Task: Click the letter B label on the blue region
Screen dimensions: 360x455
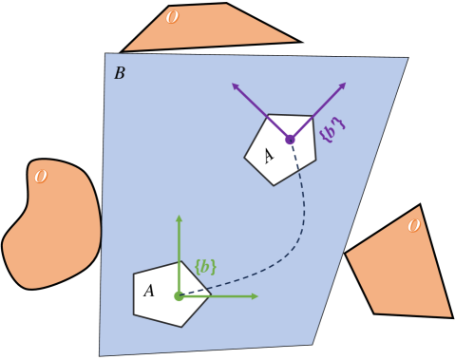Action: tap(120, 73)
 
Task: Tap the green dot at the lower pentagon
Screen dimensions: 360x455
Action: tap(179, 296)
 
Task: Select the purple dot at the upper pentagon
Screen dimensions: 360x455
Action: tap(290, 140)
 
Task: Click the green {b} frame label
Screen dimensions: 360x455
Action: tap(204, 267)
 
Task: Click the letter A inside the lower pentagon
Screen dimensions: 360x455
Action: tap(149, 291)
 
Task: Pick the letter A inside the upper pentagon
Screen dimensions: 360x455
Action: tap(269, 154)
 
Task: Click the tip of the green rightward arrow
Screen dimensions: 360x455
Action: tap(257, 296)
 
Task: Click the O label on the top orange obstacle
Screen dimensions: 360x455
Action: tap(171, 17)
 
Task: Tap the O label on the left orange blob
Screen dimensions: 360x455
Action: tap(40, 177)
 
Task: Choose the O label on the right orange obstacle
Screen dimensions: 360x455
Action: tap(412, 226)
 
